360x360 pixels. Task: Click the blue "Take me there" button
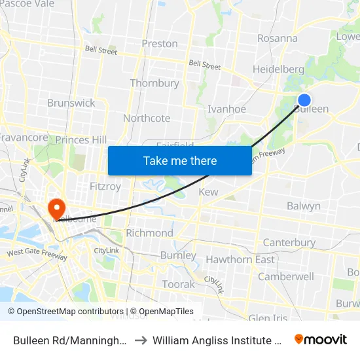[x=180, y=160]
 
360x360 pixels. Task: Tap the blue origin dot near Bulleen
[x=304, y=100]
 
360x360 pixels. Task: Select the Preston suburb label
[x=160, y=44]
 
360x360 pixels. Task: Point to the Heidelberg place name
[x=278, y=69]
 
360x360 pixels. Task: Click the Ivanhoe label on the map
[x=226, y=109]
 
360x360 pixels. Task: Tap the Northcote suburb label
[x=147, y=118]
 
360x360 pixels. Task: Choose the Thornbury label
[x=154, y=83]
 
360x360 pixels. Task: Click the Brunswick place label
[x=71, y=103]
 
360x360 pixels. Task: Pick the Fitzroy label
[x=105, y=187]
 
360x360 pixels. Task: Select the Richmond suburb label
[x=149, y=233]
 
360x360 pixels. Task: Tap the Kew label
[x=208, y=192]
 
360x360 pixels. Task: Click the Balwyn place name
[x=304, y=206]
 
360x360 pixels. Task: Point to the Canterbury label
[x=289, y=243]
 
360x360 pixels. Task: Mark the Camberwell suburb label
[x=286, y=276]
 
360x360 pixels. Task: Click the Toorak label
[x=179, y=284]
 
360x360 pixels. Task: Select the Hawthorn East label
[x=240, y=259]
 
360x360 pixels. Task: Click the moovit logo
[x=321, y=340]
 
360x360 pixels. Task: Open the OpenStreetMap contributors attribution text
[x=65, y=312]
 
